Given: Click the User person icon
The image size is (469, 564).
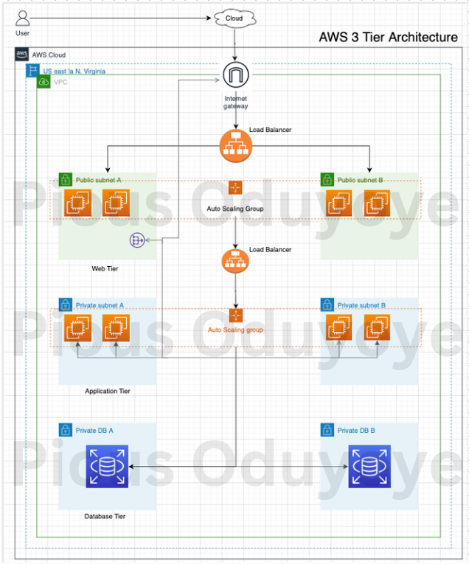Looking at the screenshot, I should click(23, 17).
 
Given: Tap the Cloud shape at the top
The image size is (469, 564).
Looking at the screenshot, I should click(234, 18).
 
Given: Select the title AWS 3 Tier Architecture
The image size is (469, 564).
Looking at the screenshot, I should click(388, 37).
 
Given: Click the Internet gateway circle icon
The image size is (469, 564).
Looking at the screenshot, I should click(236, 77).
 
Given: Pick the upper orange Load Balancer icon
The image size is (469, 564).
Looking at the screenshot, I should click(236, 146).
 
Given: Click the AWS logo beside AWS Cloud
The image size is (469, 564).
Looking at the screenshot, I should click(21, 55).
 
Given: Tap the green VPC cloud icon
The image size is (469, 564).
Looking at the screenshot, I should click(44, 82).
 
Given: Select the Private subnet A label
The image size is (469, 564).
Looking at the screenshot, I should click(100, 305).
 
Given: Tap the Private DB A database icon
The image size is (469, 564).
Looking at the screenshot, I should click(107, 467).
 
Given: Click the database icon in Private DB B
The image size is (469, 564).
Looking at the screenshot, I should click(369, 467).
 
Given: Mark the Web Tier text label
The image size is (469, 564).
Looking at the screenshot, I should click(105, 269).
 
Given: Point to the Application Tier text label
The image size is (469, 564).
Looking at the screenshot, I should click(108, 391).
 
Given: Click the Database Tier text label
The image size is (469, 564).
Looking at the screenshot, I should click(105, 517).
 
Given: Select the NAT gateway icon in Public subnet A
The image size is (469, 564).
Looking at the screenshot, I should click(136, 240).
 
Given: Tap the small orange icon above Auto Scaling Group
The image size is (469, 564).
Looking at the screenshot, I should click(235, 188).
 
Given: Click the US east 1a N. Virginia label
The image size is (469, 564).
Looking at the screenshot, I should click(74, 72).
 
